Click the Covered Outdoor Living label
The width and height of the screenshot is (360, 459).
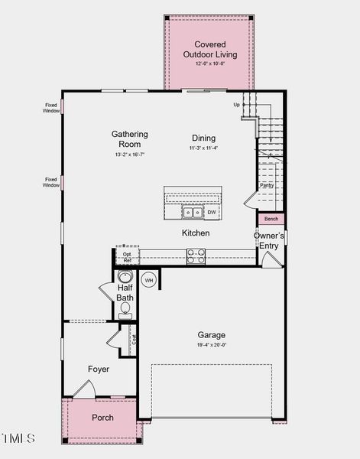point(209,50)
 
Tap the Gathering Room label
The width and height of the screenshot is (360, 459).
point(129,139)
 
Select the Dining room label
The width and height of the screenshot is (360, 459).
point(203,138)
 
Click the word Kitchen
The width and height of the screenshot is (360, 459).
point(196,233)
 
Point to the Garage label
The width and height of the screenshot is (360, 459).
point(212,334)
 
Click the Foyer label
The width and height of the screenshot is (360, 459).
point(99,369)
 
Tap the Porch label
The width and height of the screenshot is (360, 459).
point(102,418)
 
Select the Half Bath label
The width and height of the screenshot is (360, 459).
point(125,291)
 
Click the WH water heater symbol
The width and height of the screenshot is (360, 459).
point(149,280)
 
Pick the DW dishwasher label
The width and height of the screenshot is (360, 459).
point(212,212)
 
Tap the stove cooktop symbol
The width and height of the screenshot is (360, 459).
point(196,256)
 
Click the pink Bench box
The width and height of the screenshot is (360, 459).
point(271,219)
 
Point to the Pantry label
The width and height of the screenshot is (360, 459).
point(267,185)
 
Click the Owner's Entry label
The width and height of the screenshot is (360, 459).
point(268,240)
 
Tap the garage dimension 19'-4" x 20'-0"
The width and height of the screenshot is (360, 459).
point(212,345)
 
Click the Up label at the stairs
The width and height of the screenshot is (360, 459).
point(236,104)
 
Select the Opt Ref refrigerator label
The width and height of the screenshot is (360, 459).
point(127,257)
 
